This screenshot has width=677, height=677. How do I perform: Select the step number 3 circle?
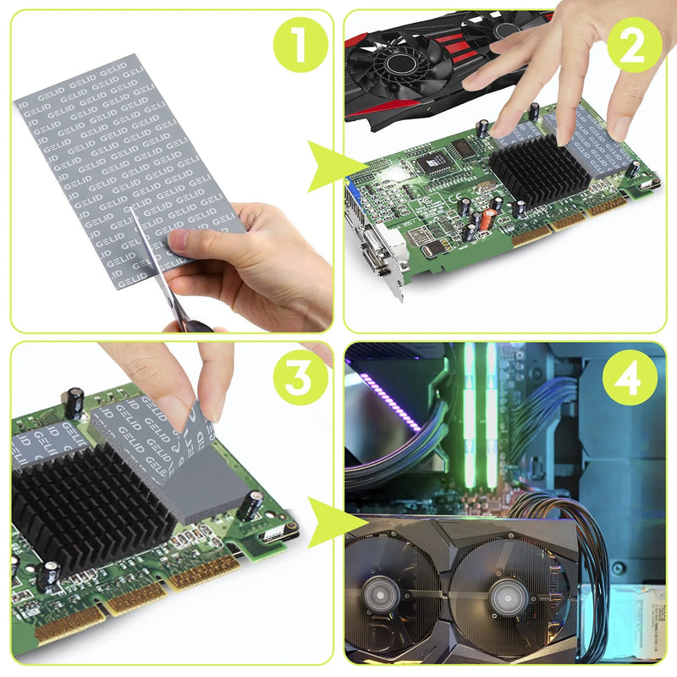coord(299,377)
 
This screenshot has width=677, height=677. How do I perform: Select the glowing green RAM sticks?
coord(480,415)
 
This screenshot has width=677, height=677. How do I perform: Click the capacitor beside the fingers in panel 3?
coord(250,505)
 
